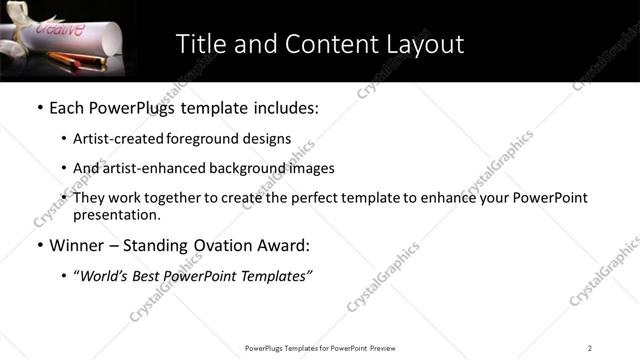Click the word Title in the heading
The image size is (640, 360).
200,44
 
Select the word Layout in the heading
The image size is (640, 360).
424,44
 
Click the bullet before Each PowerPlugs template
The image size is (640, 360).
39,108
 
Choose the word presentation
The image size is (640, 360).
115,215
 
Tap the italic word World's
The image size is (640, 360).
106,276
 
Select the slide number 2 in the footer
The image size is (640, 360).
590,348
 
